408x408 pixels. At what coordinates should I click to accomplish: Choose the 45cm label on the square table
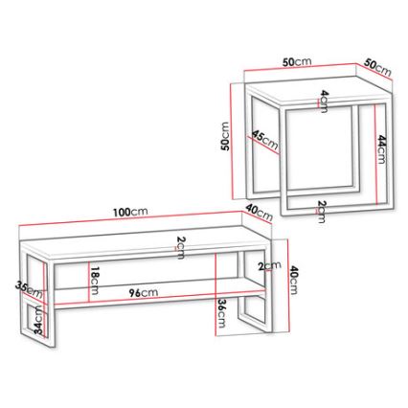(263, 141)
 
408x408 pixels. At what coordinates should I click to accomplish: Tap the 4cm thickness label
(324, 100)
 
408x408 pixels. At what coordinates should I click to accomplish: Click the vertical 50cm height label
(224, 137)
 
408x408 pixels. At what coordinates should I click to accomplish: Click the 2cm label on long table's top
(180, 246)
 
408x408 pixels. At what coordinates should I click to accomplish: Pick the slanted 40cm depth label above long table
(259, 213)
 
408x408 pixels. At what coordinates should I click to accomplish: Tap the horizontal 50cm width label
(297, 62)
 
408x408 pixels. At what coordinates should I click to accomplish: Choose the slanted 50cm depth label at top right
(377, 68)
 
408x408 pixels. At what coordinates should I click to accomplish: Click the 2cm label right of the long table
(269, 265)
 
